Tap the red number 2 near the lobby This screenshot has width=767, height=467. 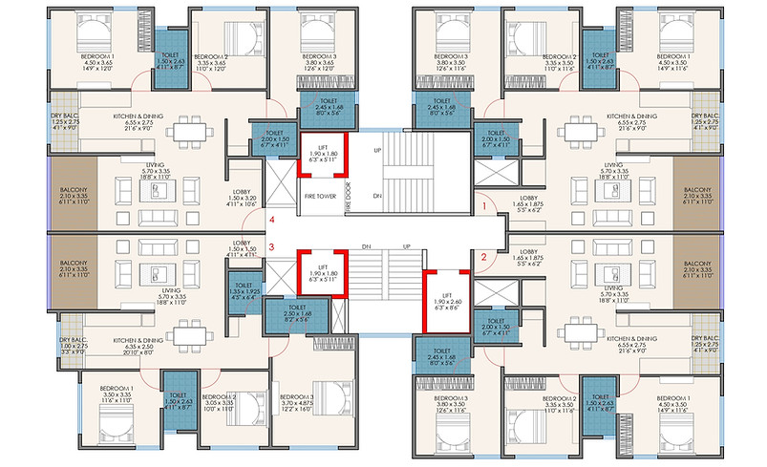[x=483, y=257]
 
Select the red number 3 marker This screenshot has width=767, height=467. [x=271, y=248]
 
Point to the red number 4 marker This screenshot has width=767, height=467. [x=271, y=221]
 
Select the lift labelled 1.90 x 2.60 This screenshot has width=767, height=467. [x=445, y=302]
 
